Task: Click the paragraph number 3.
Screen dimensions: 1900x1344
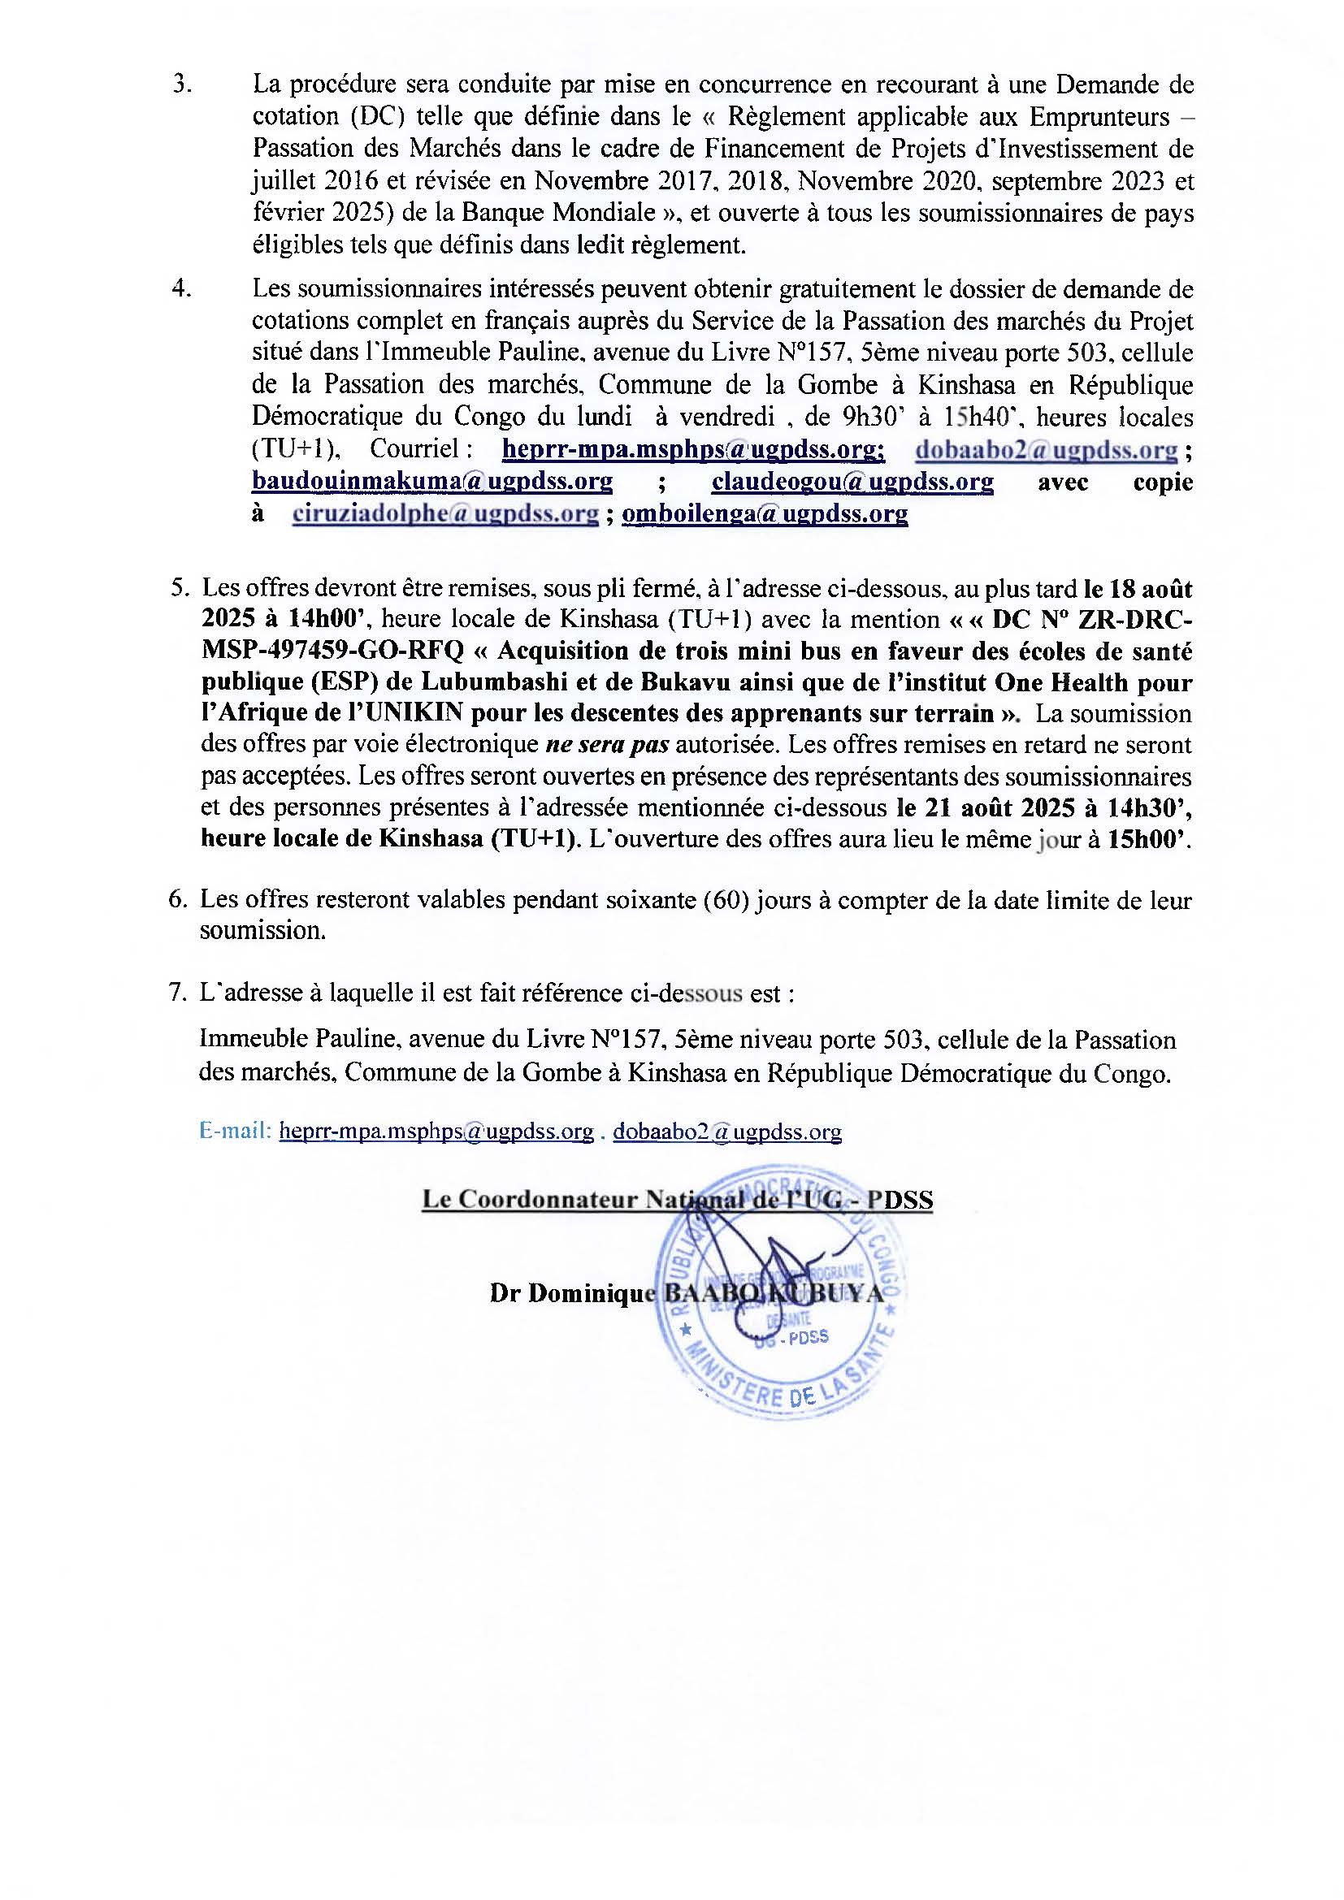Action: pyautogui.click(x=181, y=85)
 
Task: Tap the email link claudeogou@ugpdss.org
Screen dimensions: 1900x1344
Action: pyautogui.click(x=852, y=482)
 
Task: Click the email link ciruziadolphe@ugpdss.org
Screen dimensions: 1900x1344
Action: pyautogui.click(x=445, y=514)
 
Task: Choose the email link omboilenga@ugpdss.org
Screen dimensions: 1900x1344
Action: pyautogui.click(x=765, y=514)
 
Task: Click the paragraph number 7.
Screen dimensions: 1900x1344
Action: pyautogui.click(x=177, y=993)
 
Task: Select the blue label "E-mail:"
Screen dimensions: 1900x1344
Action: pyautogui.click(x=235, y=1132)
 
